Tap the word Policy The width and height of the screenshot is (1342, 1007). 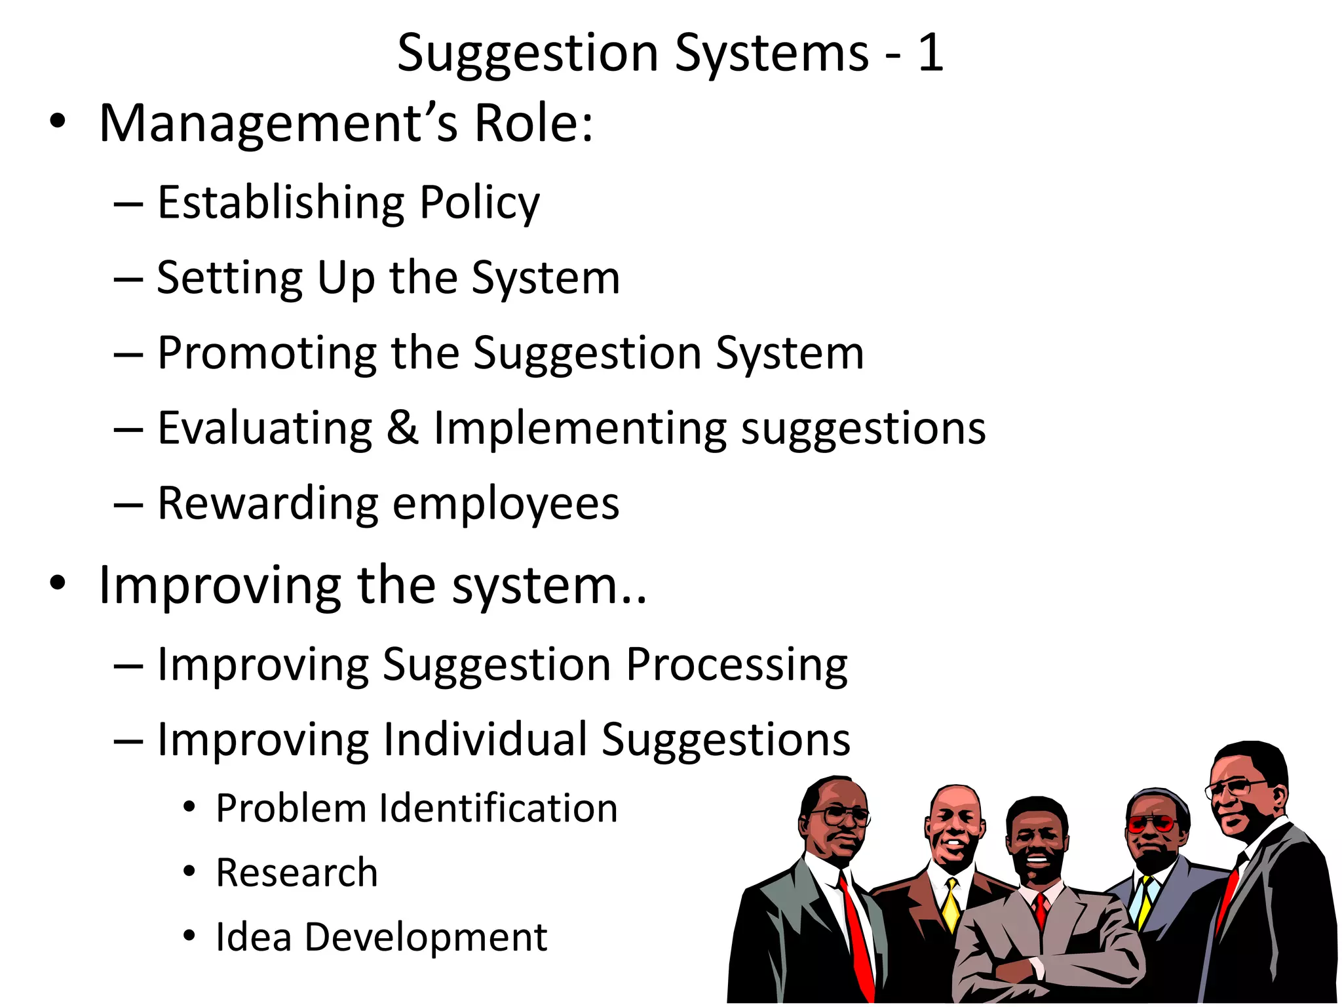tap(480, 204)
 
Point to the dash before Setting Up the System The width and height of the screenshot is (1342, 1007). tap(128, 279)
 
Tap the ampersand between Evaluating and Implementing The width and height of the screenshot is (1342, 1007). tap(402, 428)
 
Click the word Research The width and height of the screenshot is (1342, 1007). tap(297, 873)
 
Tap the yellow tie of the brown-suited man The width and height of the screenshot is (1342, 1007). tap(951, 904)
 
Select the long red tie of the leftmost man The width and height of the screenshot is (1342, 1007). tap(856, 931)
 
